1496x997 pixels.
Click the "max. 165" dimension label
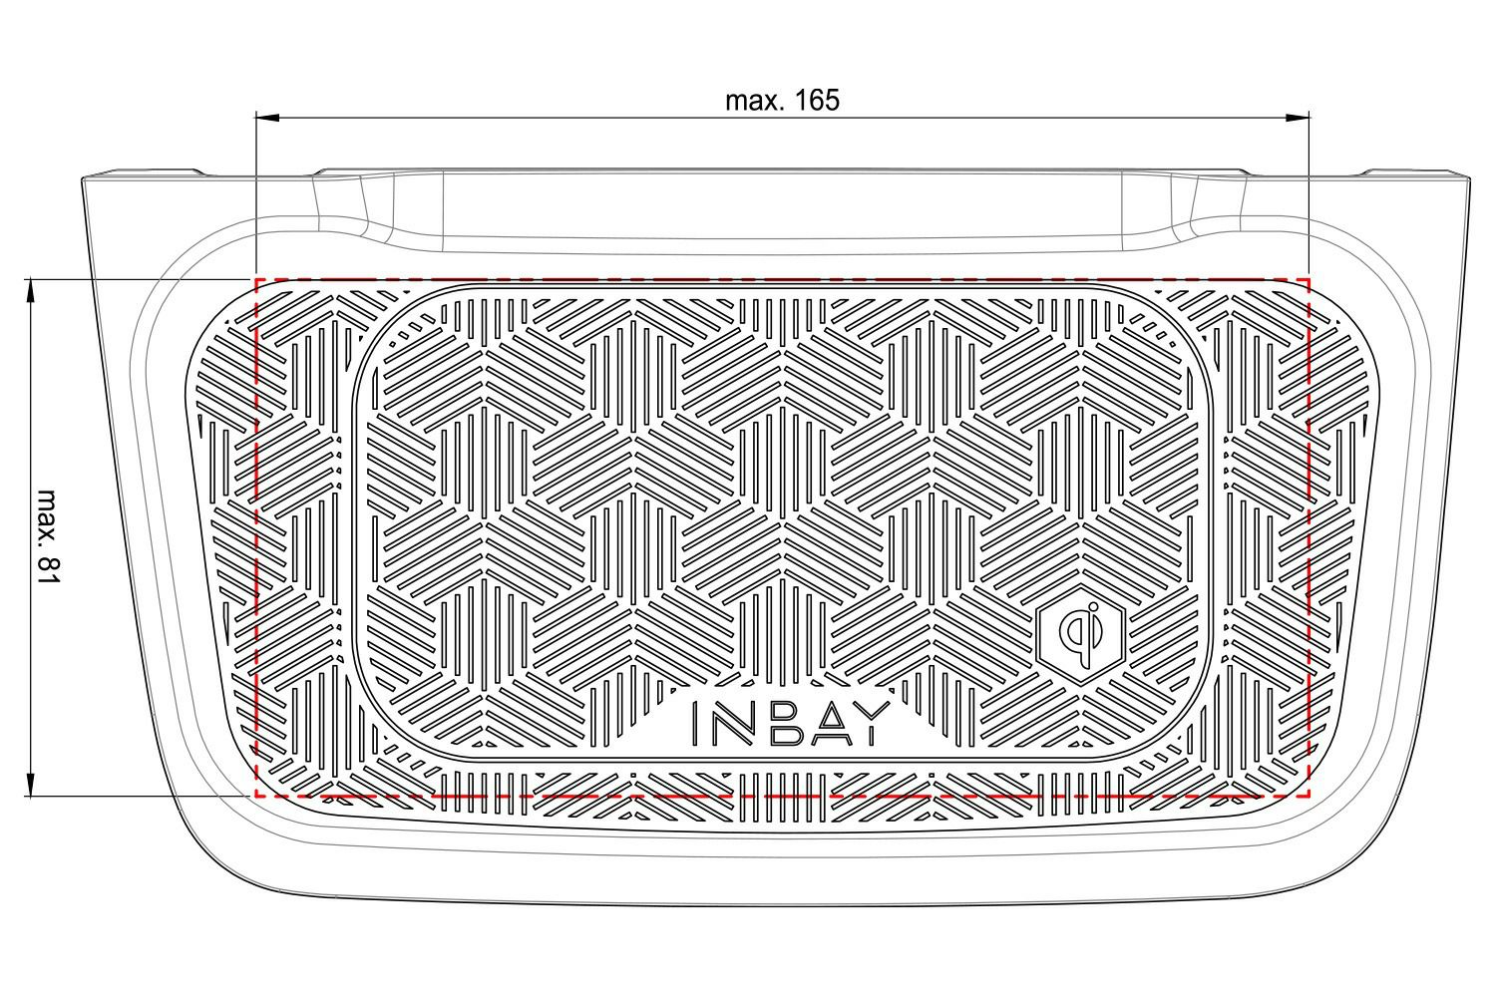click(782, 101)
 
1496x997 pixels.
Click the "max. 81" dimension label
click(48, 536)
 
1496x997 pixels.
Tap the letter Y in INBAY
click(873, 723)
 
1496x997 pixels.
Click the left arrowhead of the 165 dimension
click(268, 118)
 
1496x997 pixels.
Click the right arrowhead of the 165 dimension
click(1298, 118)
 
